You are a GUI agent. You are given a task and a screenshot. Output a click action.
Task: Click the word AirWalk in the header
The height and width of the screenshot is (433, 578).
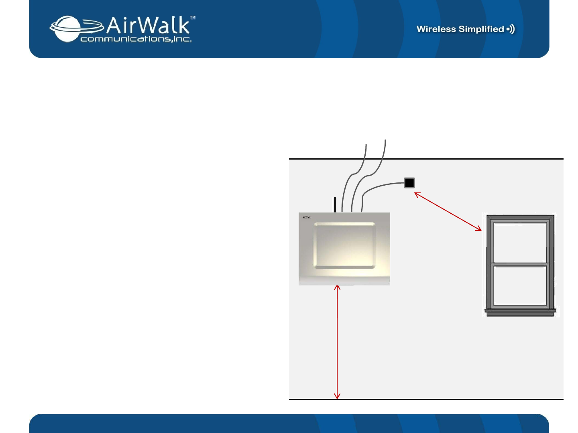pyautogui.click(x=148, y=26)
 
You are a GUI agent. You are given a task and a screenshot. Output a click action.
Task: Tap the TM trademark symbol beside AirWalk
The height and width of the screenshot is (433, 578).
pyautogui.click(x=193, y=18)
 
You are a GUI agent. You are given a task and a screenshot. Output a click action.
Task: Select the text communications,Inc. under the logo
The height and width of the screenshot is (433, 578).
pyautogui.click(x=136, y=39)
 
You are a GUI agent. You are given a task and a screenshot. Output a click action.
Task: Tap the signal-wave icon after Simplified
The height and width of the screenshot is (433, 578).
pyautogui.click(x=511, y=29)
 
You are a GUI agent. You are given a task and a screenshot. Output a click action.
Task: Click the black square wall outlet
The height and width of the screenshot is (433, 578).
pyautogui.click(x=409, y=183)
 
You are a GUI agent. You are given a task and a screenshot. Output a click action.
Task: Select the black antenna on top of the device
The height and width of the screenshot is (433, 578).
pyautogui.click(x=335, y=204)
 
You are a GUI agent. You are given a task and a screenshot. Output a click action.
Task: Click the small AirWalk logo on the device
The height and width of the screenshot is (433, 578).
pyautogui.click(x=307, y=218)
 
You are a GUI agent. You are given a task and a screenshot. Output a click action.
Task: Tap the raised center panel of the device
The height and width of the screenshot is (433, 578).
pyautogui.click(x=345, y=245)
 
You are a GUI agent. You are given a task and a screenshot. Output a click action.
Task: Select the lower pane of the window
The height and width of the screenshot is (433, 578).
pyautogui.click(x=520, y=285)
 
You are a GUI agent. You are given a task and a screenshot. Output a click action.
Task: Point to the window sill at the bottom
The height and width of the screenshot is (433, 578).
pyautogui.click(x=520, y=311)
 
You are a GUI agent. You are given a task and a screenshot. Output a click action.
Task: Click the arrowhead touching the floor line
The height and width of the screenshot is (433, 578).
pyautogui.click(x=338, y=397)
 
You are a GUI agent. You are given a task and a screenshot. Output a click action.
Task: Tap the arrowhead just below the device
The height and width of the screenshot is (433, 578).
pyautogui.click(x=338, y=287)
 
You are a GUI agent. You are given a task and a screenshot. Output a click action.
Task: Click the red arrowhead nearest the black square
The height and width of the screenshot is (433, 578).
pyautogui.click(x=417, y=194)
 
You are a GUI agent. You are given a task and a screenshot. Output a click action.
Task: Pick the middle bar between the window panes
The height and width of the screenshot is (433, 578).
pyautogui.click(x=520, y=264)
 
